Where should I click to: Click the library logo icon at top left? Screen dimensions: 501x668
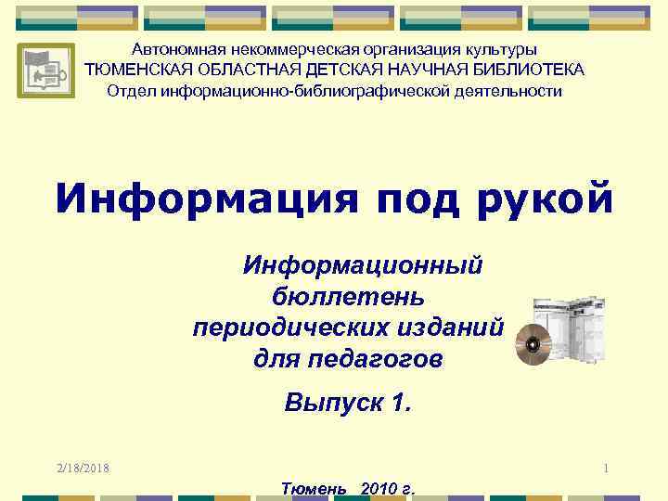45,71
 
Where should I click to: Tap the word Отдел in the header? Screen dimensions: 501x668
131,91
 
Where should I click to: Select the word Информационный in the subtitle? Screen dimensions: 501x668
362,267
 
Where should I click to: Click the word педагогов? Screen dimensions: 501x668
388,359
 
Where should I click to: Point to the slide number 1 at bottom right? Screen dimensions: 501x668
606,469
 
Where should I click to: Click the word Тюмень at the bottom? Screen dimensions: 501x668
313,489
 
